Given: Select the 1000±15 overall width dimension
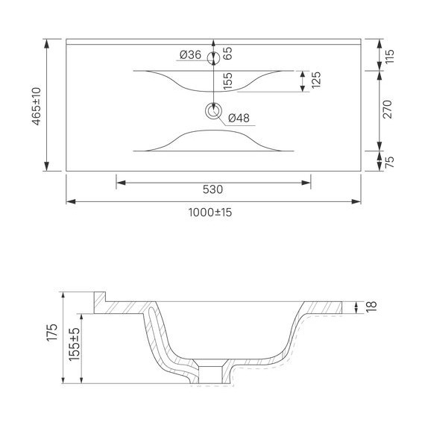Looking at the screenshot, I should pyautogui.click(x=210, y=212).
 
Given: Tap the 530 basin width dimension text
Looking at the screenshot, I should pyautogui.click(x=212, y=189).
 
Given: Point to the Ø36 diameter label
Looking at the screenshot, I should pyautogui.click(x=191, y=54).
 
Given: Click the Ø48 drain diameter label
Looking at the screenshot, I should pyautogui.click(x=239, y=118).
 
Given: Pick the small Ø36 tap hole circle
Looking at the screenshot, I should pyautogui.click(x=214, y=54).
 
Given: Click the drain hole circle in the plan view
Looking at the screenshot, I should pyautogui.click(x=214, y=112).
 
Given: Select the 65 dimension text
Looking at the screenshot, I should pyautogui.click(x=228, y=53).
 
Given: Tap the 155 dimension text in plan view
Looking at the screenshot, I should pyautogui.click(x=228, y=81).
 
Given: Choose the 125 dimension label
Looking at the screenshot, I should pyautogui.click(x=315, y=81).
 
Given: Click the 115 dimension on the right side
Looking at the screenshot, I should pyautogui.click(x=388, y=56).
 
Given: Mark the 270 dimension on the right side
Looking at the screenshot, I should pyautogui.click(x=388, y=111).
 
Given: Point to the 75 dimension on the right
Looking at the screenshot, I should pyautogui.click(x=388, y=161).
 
